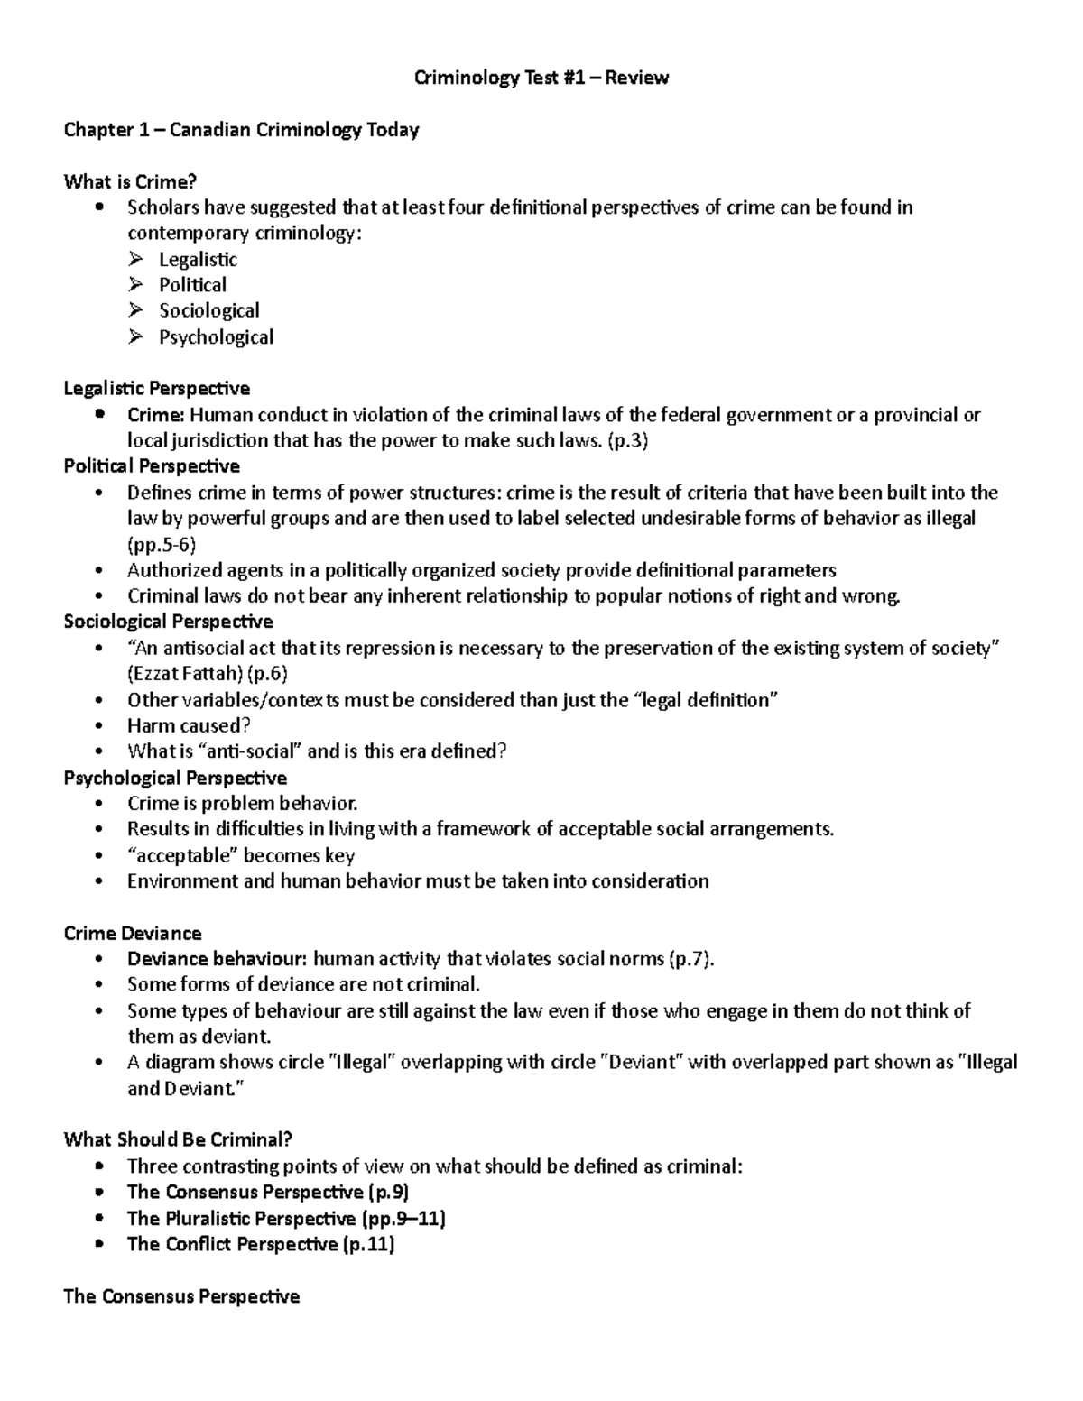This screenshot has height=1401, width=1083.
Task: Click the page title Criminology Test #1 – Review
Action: (541, 78)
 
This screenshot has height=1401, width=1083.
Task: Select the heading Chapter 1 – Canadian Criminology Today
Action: (241, 130)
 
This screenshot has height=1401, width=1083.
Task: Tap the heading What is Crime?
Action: (130, 182)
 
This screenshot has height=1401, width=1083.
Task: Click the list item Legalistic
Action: (198, 260)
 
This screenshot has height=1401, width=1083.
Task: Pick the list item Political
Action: (192, 285)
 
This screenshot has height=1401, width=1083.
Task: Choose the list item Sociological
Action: (208, 311)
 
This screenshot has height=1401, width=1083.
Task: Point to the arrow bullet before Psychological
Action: (136, 337)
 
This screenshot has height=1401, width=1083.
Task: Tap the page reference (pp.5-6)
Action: (162, 545)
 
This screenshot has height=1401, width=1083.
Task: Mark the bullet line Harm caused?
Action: (189, 726)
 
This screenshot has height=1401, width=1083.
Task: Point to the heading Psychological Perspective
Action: (175, 778)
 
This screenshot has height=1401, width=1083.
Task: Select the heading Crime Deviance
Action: (133, 934)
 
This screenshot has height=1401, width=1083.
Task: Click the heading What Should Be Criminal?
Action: (178, 1139)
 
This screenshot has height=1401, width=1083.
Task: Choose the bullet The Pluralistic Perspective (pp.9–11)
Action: (286, 1219)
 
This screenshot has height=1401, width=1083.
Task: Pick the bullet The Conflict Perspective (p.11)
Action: (261, 1245)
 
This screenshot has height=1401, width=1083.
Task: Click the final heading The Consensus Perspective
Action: (181, 1297)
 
